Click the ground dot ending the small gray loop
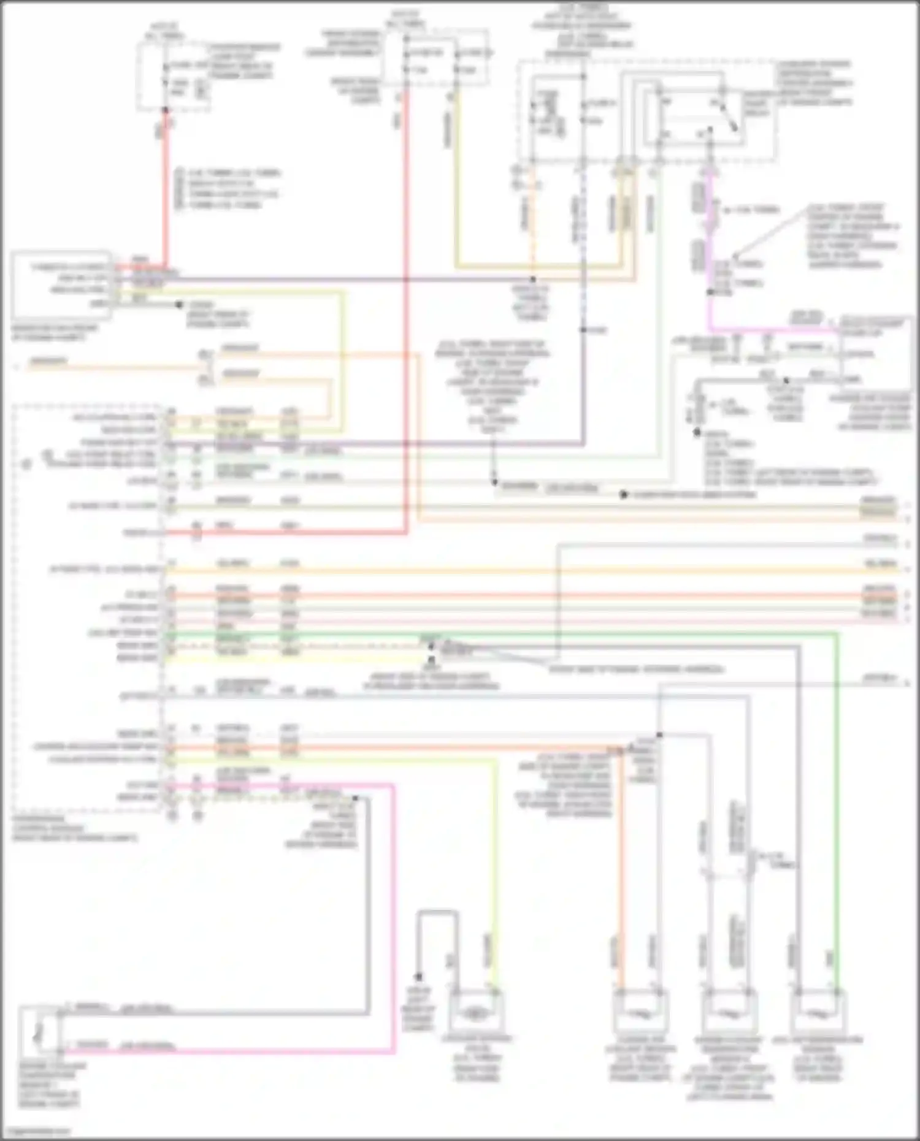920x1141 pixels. tap(419, 977)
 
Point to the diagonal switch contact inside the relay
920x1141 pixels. tap(730, 118)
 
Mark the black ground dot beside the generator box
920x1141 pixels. tap(179, 305)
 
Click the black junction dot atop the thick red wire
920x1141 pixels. tap(165, 110)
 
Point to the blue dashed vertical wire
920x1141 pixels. tap(583, 245)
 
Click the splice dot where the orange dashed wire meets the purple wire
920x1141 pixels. tap(533, 280)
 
